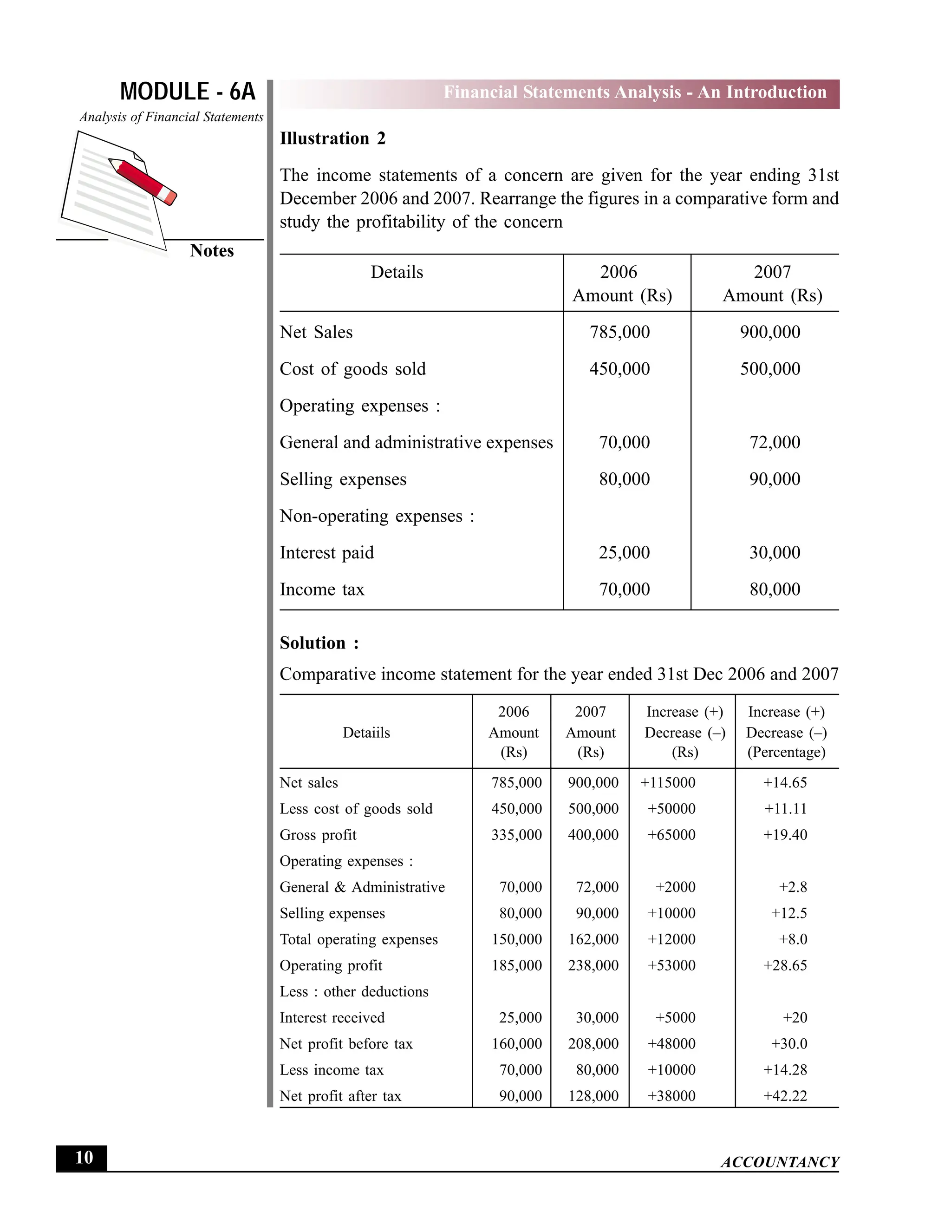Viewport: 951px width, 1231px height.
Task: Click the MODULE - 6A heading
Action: [188, 92]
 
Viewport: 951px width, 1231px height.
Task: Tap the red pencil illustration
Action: [143, 180]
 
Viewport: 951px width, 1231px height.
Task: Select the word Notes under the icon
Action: [212, 251]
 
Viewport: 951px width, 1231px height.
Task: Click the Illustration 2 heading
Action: [332, 138]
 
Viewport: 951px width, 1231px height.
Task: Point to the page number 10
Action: [84, 1158]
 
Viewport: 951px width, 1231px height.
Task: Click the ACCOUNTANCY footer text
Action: [780, 1162]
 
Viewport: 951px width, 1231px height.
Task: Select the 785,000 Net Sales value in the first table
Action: [620, 332]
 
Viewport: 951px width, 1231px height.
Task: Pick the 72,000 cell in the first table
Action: [775, 442]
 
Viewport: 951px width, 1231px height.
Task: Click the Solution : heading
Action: [319, 643]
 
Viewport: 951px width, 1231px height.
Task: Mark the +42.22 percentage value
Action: [785, 1096]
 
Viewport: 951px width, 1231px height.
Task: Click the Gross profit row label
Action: [318, 835]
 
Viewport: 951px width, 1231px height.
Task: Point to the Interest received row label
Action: [332, 1018]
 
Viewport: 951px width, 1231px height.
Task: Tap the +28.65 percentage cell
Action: [785, 966]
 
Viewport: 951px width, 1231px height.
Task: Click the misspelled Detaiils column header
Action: [366, 733]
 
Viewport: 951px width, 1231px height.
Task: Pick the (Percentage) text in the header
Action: [786, 753]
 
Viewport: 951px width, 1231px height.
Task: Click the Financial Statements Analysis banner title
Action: [635, 92]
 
